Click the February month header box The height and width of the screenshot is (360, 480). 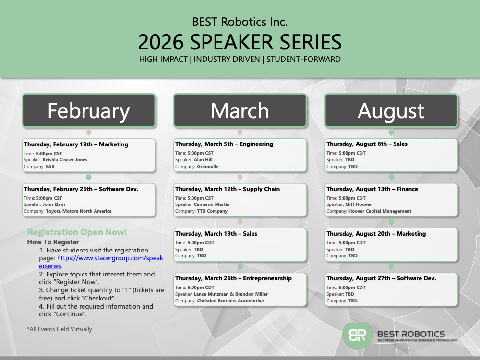pyautogui.click(x=89, y=110)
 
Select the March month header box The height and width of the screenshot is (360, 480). pyautogui.click(x=240, y=110)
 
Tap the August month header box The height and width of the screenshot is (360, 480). pyautogui.click(x=391, y=110)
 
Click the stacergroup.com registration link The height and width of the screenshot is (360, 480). pyautogui.click(x=101, y=262)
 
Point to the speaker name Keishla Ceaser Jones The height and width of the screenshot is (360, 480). pyautogui.click(x=65, y=160)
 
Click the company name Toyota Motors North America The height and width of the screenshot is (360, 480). pyautogui.click(x=79, y=211)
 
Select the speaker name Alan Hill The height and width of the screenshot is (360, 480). pyautogui.click(x=203, y=160)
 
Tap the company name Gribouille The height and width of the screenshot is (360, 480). pyautogui.click(x=207, y=167)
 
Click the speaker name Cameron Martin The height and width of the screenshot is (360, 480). pyautogui.click(x=212, y=204)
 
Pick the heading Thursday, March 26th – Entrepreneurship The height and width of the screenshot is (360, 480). pyautogui.click(x=233, y=278)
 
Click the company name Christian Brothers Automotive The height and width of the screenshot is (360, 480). pyautogui.click(x=230, y=301)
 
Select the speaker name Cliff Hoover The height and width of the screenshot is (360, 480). pyautogui.click(x=358, y=204)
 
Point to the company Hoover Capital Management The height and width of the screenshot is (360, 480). pyautogui.click(x=380, y=211)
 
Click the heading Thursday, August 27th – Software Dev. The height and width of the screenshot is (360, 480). pyautogui.click(x=381, y=278)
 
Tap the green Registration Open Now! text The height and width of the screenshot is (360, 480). pyautogui.click(x=77, y=232)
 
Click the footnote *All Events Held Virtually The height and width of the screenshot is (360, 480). pyautogui.click(x=60, y=329)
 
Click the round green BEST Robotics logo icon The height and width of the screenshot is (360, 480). pyautogui.click(x=357, y=336)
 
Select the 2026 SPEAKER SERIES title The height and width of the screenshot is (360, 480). pyautogui.click(x=240, y=42)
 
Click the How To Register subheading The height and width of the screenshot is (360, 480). pyautogui.click(x=53, y=242)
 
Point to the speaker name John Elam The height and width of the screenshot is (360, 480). pyautogui.click(x=54, y=204)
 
